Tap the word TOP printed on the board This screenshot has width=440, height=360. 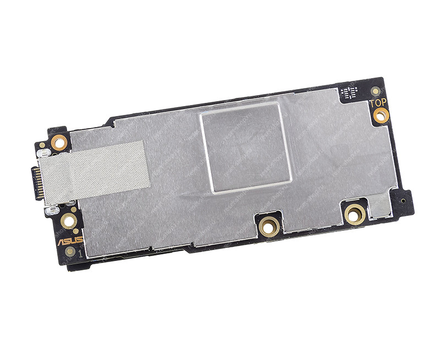click(x=378, y=102)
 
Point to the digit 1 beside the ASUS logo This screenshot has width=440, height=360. click(x=80, y=254)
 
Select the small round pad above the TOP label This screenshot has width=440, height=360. click(x=376, y=91)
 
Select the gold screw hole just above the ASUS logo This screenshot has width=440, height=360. click(x=69, y=221)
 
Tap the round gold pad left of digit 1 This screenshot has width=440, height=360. click(x=70, y=252)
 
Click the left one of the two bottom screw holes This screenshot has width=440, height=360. click(x=269, y=225)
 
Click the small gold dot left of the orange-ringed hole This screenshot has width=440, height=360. click(x=42, y=146)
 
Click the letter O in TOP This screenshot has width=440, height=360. click(x=378, y=103)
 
